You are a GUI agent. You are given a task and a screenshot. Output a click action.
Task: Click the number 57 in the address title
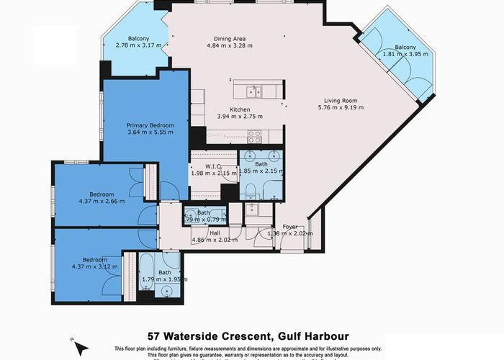click(154, 336)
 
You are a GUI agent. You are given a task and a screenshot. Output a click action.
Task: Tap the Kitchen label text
click(234, 109)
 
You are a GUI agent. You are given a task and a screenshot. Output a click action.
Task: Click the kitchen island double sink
click(253, 91)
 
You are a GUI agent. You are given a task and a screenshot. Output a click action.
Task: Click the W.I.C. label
click(212, 166)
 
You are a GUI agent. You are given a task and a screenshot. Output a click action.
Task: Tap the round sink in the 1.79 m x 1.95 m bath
click(168, 292)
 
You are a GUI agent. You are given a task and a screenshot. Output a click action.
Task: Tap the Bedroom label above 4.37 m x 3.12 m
click(95, 259)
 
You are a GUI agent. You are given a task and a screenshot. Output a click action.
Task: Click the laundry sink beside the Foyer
click(253, 210)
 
